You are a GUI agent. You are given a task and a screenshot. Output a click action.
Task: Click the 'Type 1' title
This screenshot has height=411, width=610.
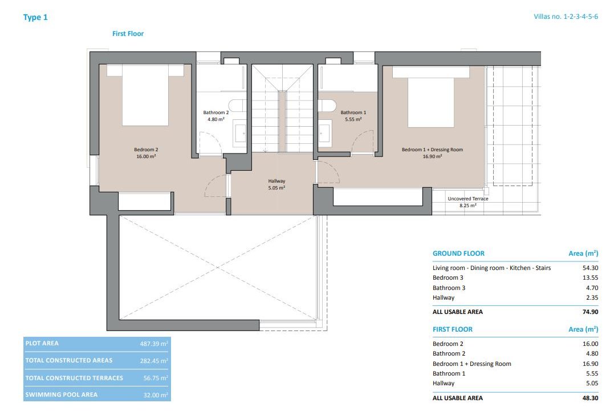coord(35,17)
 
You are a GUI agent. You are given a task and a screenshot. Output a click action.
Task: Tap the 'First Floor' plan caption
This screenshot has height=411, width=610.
coord(128,34)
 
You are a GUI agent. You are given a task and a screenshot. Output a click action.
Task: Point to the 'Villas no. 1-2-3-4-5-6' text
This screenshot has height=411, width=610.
coord(566,17)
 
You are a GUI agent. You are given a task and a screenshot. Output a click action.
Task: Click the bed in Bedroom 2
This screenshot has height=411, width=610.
coord(145,95)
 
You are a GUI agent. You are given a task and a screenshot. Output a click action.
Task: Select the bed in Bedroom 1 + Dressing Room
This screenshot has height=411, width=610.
coord(430,97)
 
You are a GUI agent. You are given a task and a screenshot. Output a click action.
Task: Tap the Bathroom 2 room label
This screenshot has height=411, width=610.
coord(216,116)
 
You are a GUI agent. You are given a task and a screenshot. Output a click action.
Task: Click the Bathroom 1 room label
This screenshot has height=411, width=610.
coord(353,116)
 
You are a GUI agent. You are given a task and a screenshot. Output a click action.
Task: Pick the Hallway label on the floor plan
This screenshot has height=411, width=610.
coord(276,184)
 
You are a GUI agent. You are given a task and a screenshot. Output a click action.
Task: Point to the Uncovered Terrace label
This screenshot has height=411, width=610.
coord(467,202)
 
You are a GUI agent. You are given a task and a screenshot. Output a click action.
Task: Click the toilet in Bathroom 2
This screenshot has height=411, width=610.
coord(237,106)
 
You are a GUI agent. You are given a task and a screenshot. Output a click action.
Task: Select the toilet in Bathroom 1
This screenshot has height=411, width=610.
coord(327,106)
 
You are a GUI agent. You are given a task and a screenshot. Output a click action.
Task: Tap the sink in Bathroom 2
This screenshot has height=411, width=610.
coord(240,133)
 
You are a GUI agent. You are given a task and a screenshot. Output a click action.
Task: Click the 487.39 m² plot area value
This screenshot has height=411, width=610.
coord(154,344)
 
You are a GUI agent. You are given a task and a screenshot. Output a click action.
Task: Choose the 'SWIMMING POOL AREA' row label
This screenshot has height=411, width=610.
coord(62,394)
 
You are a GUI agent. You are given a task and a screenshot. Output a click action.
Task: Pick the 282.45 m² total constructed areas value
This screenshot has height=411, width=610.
coord(154,361)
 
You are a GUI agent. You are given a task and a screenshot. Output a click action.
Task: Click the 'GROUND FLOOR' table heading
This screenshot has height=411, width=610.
coord(459,253)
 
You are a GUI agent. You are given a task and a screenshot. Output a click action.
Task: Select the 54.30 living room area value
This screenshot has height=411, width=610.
coord(590,268)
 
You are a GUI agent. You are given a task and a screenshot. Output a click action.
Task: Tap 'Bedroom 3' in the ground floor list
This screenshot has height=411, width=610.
coord(448,278)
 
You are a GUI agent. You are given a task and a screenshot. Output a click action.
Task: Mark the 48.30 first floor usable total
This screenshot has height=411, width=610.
coord(590,398)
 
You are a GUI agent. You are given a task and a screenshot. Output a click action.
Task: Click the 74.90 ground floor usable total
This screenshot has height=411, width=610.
coord(590,312)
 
